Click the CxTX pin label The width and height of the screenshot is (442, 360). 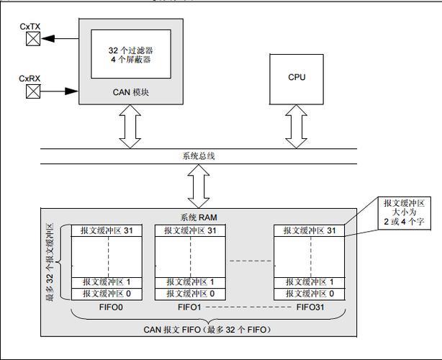[30, 27]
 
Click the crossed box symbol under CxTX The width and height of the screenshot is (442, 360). [32, 40]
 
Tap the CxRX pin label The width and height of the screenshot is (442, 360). [30, 78]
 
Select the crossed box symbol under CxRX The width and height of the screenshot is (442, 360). [32, 91]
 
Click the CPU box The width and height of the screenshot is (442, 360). [296, 78]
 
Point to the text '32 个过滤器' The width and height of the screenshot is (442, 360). [130, 51]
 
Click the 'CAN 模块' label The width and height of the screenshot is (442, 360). [130, 91]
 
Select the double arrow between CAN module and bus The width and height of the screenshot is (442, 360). [130, 127]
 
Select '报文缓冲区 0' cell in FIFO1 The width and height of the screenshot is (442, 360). [190, 294]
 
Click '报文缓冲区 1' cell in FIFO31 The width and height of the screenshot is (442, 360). [309, 282]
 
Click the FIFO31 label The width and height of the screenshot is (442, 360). [312, 307]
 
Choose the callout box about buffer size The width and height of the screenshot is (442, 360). [406, 215]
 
